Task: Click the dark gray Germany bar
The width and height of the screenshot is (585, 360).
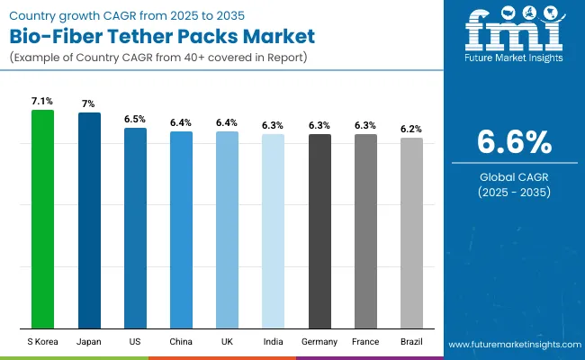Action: [x=319, y=231]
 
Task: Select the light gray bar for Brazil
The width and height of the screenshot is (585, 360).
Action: [x=411, y=233]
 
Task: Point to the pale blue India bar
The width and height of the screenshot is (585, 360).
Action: [x=273, y=231]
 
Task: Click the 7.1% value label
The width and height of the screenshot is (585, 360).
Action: [x=42, y=101]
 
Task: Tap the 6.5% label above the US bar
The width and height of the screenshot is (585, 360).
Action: [x=135, y=119]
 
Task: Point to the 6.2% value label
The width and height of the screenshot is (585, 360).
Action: [x=412, y=129]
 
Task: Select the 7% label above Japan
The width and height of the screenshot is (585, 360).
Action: [x=89, y=103]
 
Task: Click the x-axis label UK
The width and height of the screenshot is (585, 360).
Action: [x=227, y=343]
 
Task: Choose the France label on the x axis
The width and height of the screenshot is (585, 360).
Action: [x=365, y=343]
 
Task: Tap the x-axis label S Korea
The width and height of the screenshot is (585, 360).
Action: [x=42, y=343]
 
